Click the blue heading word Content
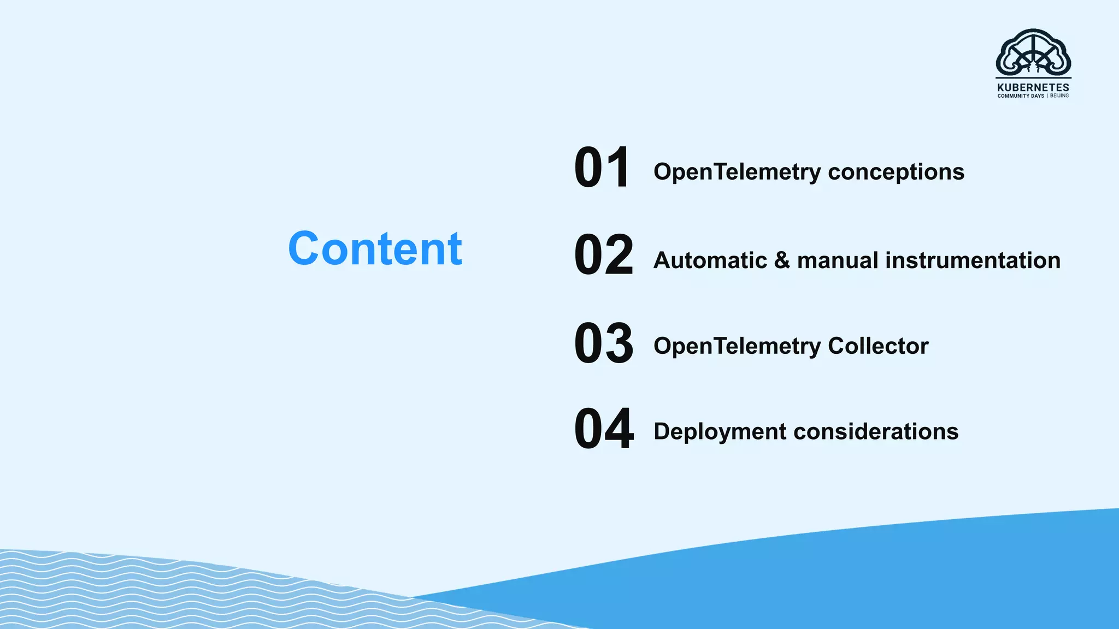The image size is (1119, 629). pyautogui.click(x=375, y=249)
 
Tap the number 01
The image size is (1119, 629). pyautogui.click(x=602, y=168)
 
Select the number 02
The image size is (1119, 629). pyautogui.click(x=603, y=255)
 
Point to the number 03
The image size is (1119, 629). pyautogui.click(x=603, y=343)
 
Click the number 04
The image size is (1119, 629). pyautogui.click(x=603, y=429)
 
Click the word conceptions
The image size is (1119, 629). pyautogui.click(x=896, y=172)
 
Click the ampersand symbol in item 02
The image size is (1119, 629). pyautogui.click(x=782, y=260)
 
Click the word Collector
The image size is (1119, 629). pyautogui.click(x=878, y=346)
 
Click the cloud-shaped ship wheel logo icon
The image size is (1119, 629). pyautogui.click(x=1033, y=54)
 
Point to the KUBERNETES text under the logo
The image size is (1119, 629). pyautogui.click(x=1033, y=87)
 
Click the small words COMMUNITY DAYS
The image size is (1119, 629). pyautogui.click(x=1020, y=96)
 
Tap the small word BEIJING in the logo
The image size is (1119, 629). pyautogui.click(x=1059, y=96)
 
